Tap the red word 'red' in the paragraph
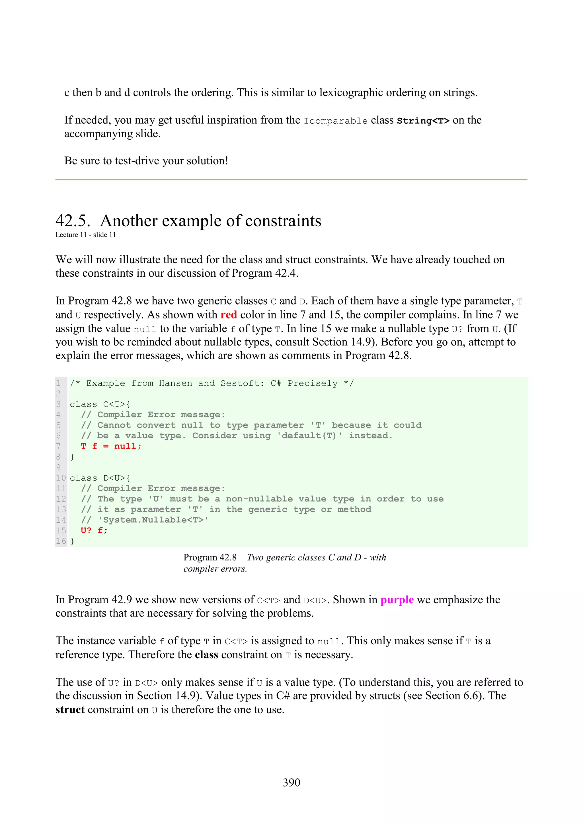229,315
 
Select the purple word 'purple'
397,600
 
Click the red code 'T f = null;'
111,446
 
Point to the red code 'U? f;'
94,531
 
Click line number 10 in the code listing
61,478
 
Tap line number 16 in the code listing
61,541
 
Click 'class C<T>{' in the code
100,404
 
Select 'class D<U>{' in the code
100,478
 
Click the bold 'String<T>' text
423,121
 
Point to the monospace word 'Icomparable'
336,121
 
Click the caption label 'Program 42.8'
210,557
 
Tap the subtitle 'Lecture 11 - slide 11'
85,235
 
